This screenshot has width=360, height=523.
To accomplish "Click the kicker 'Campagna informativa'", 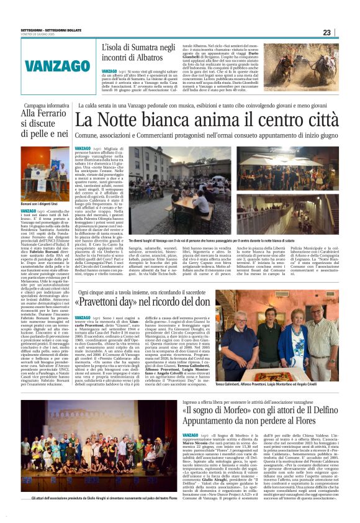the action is pos(45,106).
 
